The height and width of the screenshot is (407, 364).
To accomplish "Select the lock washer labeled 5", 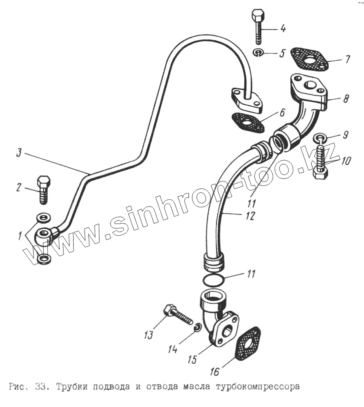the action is coord(258,52).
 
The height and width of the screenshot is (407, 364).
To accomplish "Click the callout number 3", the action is coord(19,153).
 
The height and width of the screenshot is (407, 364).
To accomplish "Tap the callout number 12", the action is coord(250,216).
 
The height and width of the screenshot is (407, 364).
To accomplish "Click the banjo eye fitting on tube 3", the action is coord(44,236).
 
